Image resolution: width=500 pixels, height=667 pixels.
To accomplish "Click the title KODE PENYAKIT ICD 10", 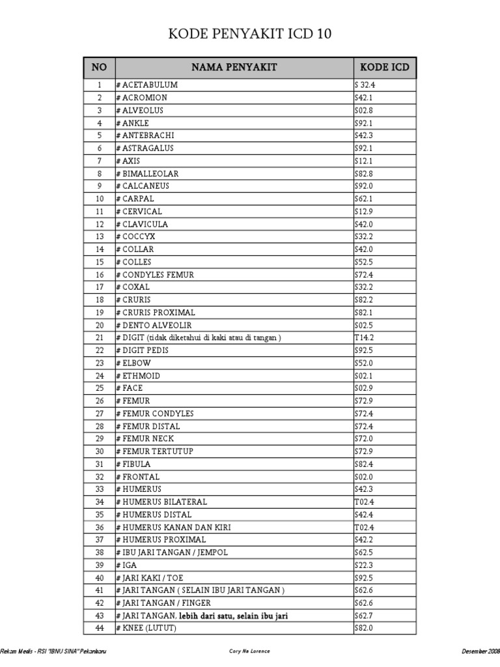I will [250, 35].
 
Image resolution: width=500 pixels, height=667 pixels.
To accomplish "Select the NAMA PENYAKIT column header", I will [234, 67].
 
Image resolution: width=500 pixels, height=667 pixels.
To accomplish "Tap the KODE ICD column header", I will [384, 67].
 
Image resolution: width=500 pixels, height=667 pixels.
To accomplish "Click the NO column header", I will [99, 67].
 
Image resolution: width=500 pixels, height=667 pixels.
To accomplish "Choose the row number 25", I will [100, 388].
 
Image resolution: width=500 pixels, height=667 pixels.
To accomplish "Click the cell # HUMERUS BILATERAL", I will [161, 502].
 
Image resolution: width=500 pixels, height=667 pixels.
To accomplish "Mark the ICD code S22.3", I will [363, 565].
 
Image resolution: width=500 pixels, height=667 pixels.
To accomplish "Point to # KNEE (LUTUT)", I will [146, 629].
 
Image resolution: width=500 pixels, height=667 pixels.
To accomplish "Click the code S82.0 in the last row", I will [363, 629].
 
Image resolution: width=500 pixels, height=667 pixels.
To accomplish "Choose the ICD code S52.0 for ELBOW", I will [363, 363].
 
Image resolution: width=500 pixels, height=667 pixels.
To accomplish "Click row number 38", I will [100, 552].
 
